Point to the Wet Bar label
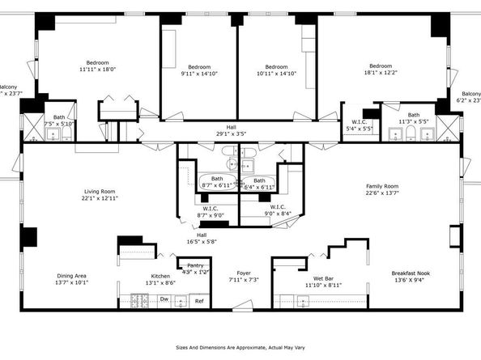325,278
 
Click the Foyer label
243,273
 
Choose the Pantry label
195,265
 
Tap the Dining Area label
70,276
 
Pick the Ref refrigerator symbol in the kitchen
198,301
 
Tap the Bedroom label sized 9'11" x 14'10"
199,67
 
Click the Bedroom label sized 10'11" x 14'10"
277,67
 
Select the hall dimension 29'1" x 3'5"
231,133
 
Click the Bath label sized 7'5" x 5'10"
59,116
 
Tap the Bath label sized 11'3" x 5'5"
413,115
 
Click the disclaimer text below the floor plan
240,347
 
